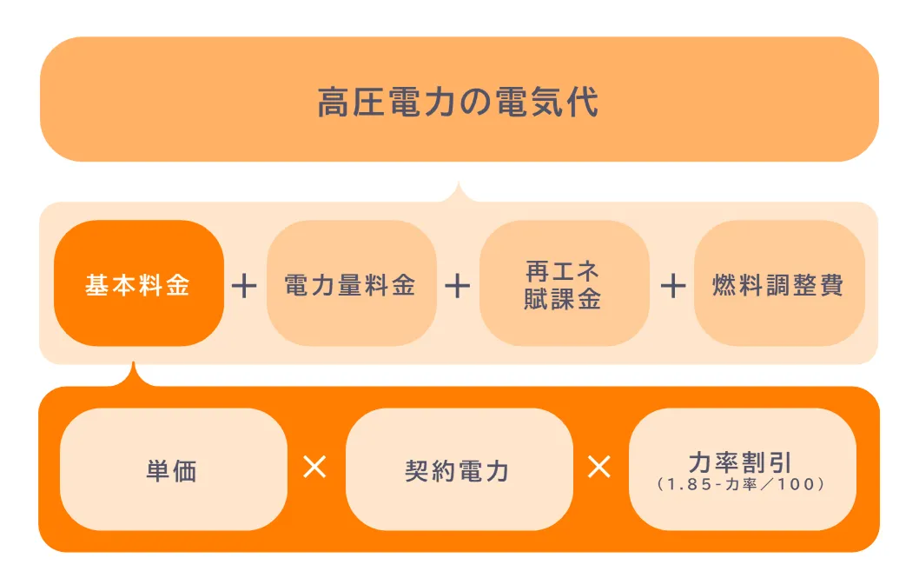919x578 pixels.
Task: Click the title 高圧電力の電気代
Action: click(x=458, y=102)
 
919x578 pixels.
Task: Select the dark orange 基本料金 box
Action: click(x=139, y=283)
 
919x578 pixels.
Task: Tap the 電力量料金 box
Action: click(x=352, y=283)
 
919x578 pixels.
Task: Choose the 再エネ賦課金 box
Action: click(x=565, y=283)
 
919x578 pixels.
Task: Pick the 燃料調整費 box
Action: click(x=779, y=283)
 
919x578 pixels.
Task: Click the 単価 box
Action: click(x=174, y=469)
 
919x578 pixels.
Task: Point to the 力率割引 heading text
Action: click(x=741, y=462)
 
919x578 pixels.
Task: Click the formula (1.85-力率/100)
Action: click(x=742, y=484)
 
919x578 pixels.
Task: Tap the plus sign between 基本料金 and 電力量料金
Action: click(x=244, y=286)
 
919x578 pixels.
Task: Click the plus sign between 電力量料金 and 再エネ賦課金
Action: click(x=458, y=286)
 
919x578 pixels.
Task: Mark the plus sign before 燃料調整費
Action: click(x=673, y=286)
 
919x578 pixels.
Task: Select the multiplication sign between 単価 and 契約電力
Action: click(x=314, y=468)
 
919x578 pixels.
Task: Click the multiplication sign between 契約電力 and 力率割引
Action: click(x=599, y=468)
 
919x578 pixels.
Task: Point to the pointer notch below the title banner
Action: click(x=459, y=193)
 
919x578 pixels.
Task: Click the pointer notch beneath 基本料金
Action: click(x=134, y=375)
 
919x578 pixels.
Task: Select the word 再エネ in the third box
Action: click(x=563, y=271)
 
